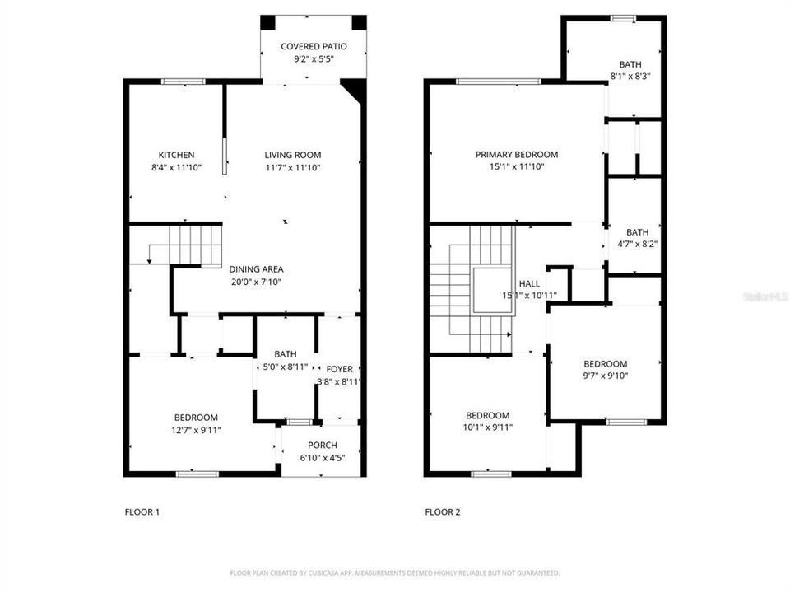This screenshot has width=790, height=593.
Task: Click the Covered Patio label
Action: click(313, 47)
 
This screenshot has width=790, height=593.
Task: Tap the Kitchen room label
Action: click(177, 155)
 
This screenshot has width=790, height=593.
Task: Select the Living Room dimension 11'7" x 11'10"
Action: click(292, 167)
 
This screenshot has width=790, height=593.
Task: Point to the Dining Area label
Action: click(258, 269)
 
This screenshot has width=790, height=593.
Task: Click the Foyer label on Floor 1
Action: click(339, 369)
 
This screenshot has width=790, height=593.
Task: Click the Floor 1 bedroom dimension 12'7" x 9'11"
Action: click(196, 430)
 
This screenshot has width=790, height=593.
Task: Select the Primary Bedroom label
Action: click(517, 155)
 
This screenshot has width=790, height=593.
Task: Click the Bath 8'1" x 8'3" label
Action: click(630, 64)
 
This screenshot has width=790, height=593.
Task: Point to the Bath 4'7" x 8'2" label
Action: click(637, 232)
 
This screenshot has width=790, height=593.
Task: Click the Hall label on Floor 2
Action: click(530, 283)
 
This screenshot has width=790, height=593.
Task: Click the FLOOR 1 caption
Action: click(142, 512)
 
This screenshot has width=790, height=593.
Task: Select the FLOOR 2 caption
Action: click(443, 512)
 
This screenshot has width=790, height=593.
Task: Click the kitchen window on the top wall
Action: click(183, 81)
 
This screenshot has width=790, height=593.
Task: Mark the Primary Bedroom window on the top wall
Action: click(499, 81)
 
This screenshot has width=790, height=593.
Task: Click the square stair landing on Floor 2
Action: click(492, 291)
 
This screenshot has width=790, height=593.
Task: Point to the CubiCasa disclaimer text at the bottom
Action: click(395, 572)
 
